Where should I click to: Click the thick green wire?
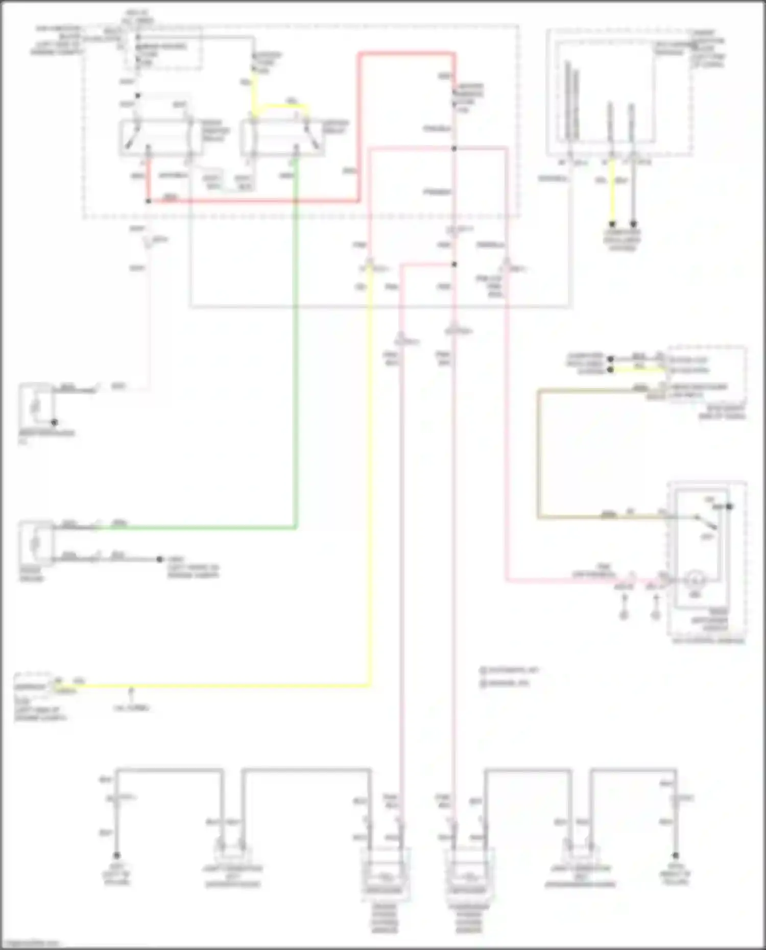coord(295,357)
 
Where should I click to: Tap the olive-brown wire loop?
coord(538,454)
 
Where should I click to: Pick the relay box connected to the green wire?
coord(282,137)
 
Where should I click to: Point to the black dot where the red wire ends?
coord(148,201)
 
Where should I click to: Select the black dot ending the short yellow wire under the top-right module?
coord(612,224)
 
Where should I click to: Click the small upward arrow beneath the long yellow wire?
coord(131,692)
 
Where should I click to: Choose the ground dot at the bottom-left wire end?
coord(117,856)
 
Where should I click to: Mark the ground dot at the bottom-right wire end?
coord(675,856)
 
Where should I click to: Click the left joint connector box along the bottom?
coord(233,849)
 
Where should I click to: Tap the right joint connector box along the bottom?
coord(580,849)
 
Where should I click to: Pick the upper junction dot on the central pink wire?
coord(454,149)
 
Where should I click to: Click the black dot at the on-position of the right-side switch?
coord(730,506)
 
